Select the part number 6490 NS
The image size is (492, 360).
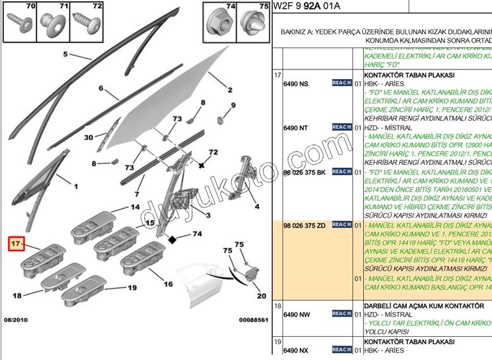click(x=296, y=84)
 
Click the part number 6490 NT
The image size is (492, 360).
click(x=296, y=128)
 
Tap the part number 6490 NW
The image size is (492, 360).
click(x=296, y=314)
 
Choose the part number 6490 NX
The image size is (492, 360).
click(x=296, y=351)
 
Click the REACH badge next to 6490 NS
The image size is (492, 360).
click(x=342, y=83)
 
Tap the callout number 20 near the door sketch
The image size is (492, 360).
click(x=262, y=296)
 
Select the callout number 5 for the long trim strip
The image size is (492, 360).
click(x=65, y=54)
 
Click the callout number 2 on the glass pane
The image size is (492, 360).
click(x=229, y=90)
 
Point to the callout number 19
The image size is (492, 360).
click(x=132, y=288)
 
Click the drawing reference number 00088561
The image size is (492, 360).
click(x=254, y=319)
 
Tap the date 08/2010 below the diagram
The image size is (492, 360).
click(x=16, y=319)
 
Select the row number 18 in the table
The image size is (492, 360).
click(x=277, y=305)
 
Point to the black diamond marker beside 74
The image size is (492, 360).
click(x=172, y=238)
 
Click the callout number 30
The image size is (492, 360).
click(x=88, y=137)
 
